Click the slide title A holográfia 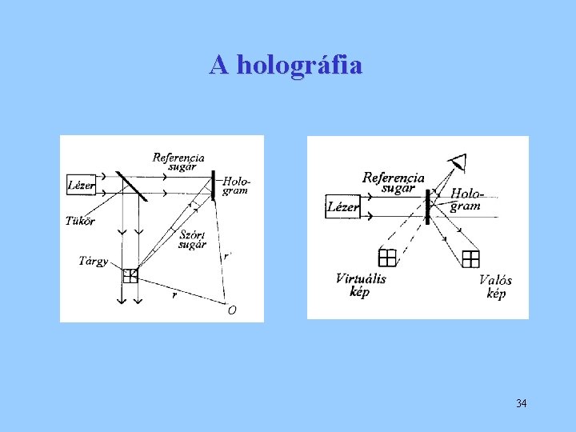click(x=286, y=65)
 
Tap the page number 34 click(x=521, y=403)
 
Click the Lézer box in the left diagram click(x=81, y=186)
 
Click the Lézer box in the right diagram click(x=343, y=207)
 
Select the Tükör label click(x=81, y=221)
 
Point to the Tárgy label click(x=94, y=261)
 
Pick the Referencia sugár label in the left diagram click(x=178, y=162)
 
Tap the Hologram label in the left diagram click(x=235, y=186)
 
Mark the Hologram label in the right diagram click(x=466, y=199)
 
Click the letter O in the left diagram click(x=231, y=310)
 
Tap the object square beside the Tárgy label click(x=130, y=275)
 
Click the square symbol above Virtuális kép click(x=387, y=258)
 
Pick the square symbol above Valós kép click(x=470, y=258)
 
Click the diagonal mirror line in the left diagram click(x=133, y=189)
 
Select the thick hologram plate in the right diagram click(x=428, y=206)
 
